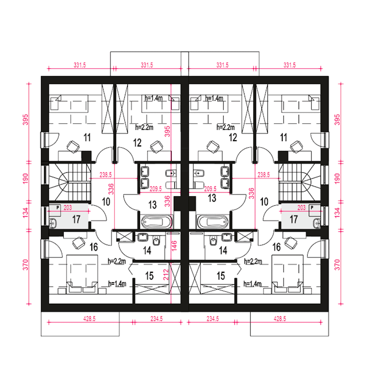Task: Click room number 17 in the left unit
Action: (76, 219)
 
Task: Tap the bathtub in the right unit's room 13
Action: (212, 222)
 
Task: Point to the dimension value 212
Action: (166, 275)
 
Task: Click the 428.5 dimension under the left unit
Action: (89, 319)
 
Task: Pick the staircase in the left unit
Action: (70, 182)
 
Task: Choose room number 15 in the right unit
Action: (221, 276)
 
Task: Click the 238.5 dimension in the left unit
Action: (105, 175)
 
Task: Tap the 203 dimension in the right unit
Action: (301, 208)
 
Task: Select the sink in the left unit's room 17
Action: (53, 223)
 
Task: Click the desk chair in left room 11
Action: (73, 147)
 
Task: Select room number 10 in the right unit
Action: (264, 202)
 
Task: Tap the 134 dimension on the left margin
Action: (25, 213)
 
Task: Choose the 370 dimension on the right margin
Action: (337, 265)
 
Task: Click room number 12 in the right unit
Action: (233, 138)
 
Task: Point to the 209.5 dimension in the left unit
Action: (155, 189)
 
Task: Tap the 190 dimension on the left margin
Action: (25, 179)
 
